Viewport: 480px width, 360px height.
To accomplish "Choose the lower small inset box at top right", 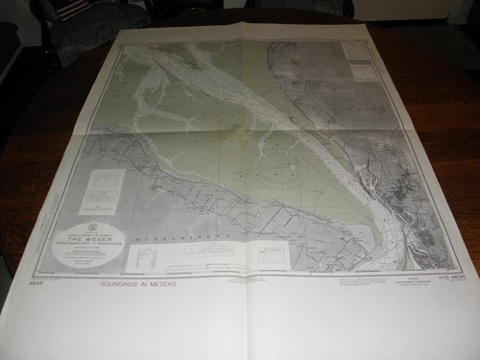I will [x=364, y=71].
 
